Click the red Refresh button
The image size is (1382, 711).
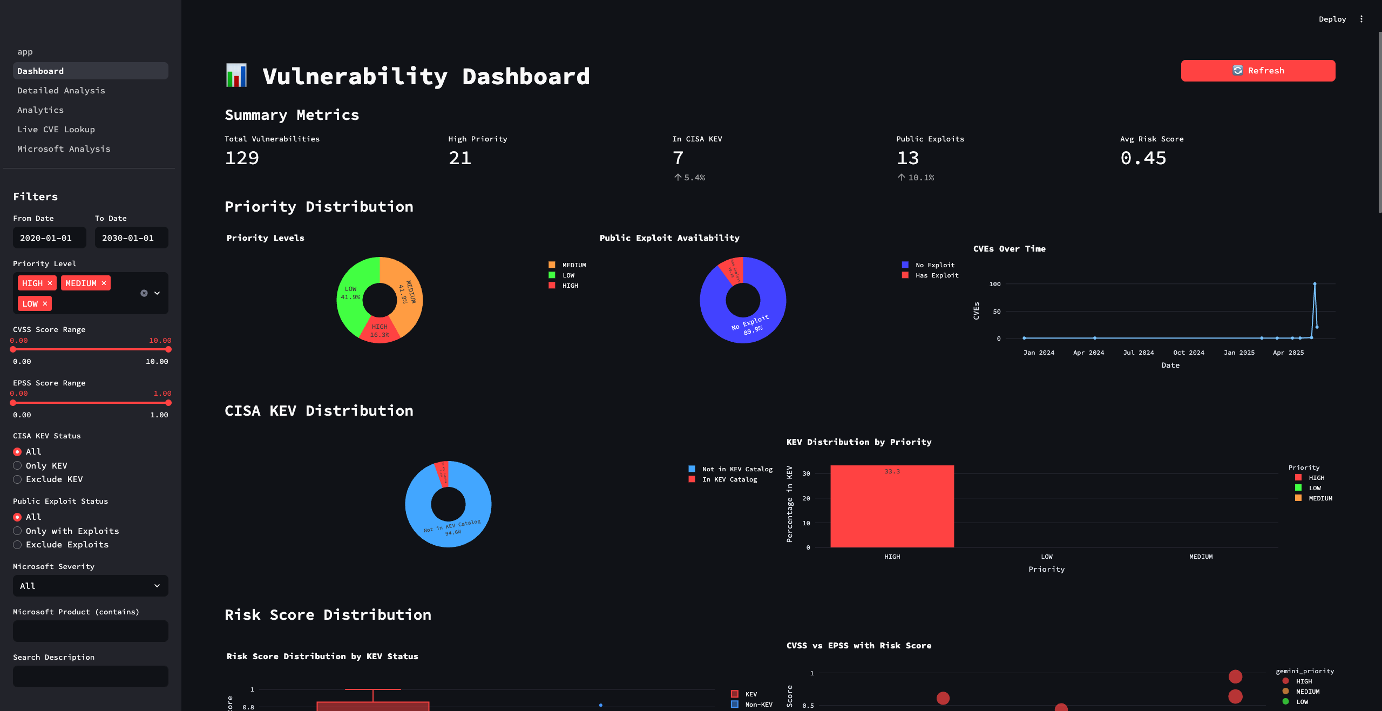pos(1257,71)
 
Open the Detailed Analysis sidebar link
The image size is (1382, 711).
pos(61,91)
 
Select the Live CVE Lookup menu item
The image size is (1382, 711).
pos(56,130)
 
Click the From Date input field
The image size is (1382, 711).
pos(49,238)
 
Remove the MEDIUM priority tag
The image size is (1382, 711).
pos(104,283)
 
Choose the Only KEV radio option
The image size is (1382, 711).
pos(18,466)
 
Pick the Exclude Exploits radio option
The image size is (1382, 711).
pos(18,545)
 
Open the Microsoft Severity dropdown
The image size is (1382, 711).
pos(90,586)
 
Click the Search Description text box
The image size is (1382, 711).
pos(90,676)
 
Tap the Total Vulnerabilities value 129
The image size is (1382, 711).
pos(242,158)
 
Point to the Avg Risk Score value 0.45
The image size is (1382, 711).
pos(1143,158)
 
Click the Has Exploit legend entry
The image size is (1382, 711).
pos(937,275)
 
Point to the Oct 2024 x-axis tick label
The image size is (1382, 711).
pos(1188,353)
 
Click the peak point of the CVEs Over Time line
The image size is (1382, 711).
pos(1315,284)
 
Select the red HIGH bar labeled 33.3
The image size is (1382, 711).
pos(892,507)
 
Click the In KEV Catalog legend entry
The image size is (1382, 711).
pos(729,479)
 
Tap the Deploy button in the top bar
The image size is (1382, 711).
pos(1332,19)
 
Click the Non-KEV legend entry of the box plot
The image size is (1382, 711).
pos(758,705)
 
